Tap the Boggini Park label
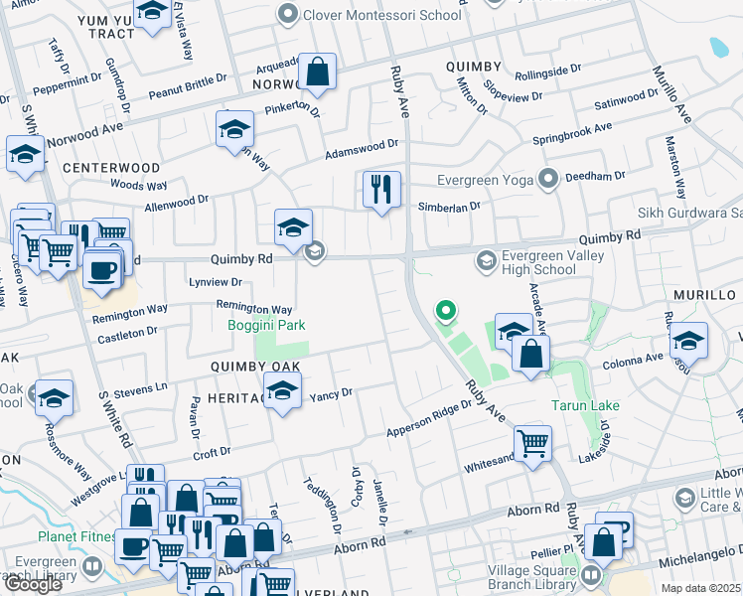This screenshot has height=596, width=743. (265, 325)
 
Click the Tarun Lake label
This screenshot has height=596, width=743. (586, 405)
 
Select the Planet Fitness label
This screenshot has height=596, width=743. (77, 536)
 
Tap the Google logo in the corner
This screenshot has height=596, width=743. (33, 584)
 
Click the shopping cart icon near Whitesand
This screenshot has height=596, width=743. (532, 443)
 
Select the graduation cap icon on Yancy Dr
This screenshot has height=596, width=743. (283, 392)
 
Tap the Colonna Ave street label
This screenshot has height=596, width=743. (628, 359)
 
